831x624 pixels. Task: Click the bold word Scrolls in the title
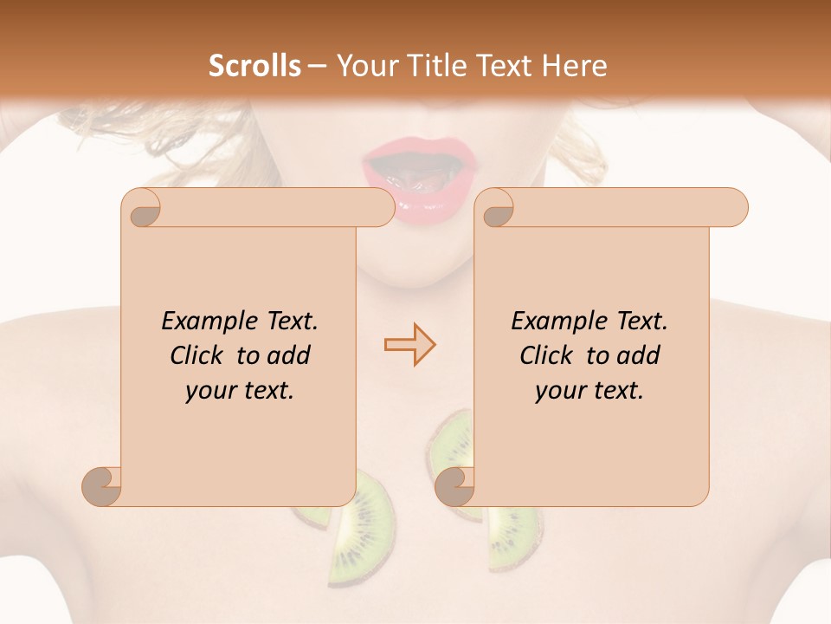[x=254, y=66]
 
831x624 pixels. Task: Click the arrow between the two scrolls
[x=409, y=346]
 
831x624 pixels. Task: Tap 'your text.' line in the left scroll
[x=240, y=391]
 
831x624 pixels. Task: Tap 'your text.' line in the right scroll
[x=589, y=391]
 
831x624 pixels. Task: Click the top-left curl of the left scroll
[x=140, y=208]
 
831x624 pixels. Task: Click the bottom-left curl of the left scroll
[x=101, y=486]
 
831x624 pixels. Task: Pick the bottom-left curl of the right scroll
[x=454, y=486]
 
